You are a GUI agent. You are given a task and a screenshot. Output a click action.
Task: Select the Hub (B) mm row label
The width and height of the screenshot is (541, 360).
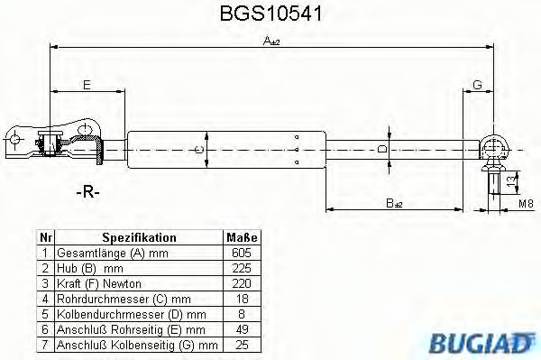click(x=89, y=268)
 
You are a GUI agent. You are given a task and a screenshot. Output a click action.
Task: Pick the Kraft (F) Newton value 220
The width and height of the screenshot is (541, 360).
click(x=241, y=283)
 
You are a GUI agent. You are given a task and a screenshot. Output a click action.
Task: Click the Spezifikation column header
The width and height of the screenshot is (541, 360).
click(x=139, y=237)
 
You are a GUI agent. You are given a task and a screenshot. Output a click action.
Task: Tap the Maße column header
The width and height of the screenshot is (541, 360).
click(x=241, y=237)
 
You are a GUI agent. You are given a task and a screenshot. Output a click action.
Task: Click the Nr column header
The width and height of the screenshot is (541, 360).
click(x=46, y=237)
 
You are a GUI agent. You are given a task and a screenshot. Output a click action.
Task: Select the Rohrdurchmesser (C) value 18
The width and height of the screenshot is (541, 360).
click(x=241, y=299)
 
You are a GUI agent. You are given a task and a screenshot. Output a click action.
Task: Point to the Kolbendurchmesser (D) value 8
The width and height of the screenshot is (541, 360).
click(x=241, y=314)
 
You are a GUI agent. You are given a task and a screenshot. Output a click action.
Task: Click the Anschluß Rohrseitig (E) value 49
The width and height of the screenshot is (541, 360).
click(x=241, y=329)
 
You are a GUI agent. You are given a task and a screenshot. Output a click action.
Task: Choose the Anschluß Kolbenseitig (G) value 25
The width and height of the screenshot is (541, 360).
click(x=241, y=345)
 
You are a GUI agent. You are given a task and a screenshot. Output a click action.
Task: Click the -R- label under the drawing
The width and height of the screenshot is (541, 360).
click(x=87, y=193)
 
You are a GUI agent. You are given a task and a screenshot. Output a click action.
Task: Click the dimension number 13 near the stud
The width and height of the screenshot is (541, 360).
click(x=510, y=183)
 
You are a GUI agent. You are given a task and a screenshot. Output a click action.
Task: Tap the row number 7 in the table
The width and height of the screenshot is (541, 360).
click(x=46, y=345)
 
